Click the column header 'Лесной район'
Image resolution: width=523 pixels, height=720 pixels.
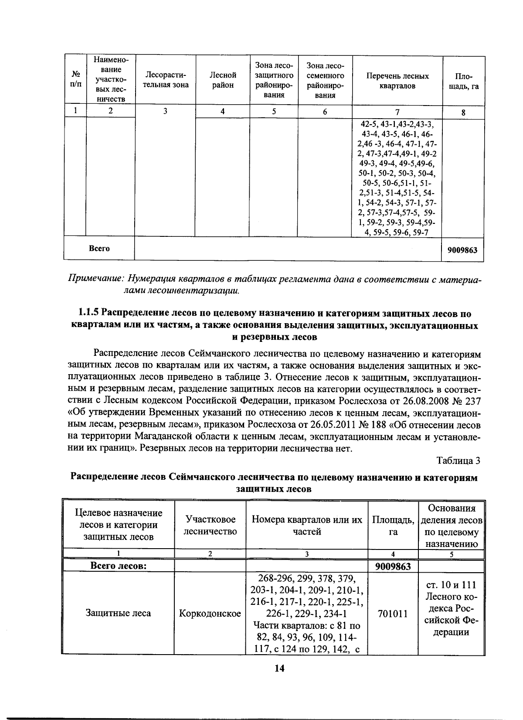pyautogui.click(x=223, y=80)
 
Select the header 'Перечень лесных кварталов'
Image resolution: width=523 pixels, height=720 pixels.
pyautogui.click(x=397, y=81)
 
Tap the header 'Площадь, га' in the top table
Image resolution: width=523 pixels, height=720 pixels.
pyautogui.click(x=463, y=81)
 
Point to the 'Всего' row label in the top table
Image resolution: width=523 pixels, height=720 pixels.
pyautogui.click(x=99, y=249)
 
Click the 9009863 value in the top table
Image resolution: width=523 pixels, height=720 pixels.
pyautogui.click(x=462, y=250)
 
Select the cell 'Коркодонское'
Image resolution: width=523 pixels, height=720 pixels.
pyautogui.click(x=210, y=614)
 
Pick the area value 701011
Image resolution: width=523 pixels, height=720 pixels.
pyautogui.click(x=393, y=614)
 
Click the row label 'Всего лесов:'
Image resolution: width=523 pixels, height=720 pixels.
pyautogui.click(x=118, y=566)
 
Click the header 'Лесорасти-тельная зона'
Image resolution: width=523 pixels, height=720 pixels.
pyautogui.click(x=165, y=80)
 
